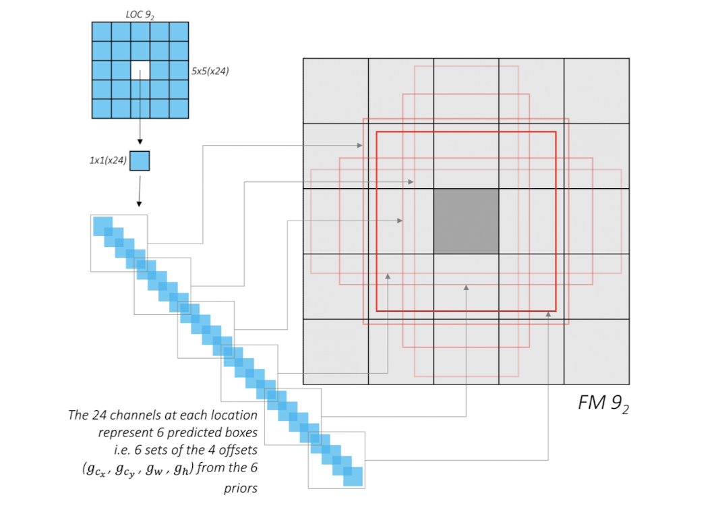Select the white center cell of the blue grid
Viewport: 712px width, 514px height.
pyautogui.click(x=140, y=70)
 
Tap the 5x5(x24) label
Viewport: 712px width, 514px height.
pyautogui.click(x=210, y=70)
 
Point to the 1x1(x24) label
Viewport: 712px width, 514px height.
pyautogui.click(x=107, y=161)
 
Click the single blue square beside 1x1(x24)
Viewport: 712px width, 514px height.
pyautogui.click(x=140, y=161)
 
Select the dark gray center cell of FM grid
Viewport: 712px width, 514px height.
pyautogui.click(x=466, y=221)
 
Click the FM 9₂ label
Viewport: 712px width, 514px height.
pyautogui.click(x=603, y=403)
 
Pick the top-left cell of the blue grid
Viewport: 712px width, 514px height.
pyautogui.click(x=101, y=32)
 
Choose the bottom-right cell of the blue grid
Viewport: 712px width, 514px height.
pyautogui.click(x=179, y=109)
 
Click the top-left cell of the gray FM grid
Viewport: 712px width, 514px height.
pyautogui.click(x=336, y=91)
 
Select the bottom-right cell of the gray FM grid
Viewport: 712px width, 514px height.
pyautogui.click(x=597, y=351)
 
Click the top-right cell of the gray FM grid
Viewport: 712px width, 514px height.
pyautogui.click(x=597, y=91)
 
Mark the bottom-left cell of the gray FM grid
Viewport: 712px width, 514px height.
pyautogui.click(x=336, y=351)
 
